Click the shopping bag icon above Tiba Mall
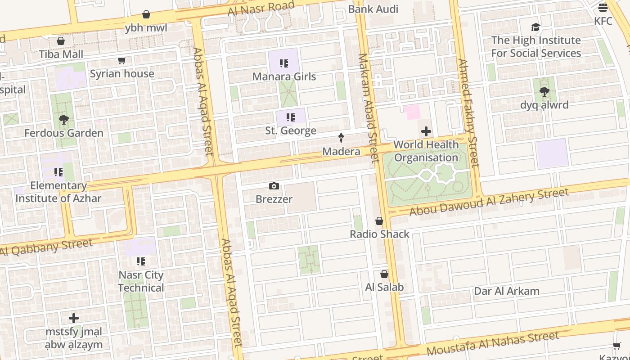pos(61,41)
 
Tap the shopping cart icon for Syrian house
pos(121,61)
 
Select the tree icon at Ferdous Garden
pos(64,120)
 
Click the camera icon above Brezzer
pos(274,186)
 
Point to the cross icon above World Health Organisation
pos(426,131)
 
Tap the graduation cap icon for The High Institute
pos(535,27)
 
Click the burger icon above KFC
pos(603,8)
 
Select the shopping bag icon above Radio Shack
pos(379,221)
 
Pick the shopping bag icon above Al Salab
pos(384,274)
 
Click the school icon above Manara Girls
pos(283,63)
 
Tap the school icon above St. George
pos(291,118)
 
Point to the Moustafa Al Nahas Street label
pos(493,342)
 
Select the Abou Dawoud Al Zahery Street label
pos(489,202)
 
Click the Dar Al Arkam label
pos(507,291)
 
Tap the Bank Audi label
pos(373,9)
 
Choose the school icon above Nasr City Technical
pos(141,261)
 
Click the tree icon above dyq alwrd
pos(544,92)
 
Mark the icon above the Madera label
pos(341,138)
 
